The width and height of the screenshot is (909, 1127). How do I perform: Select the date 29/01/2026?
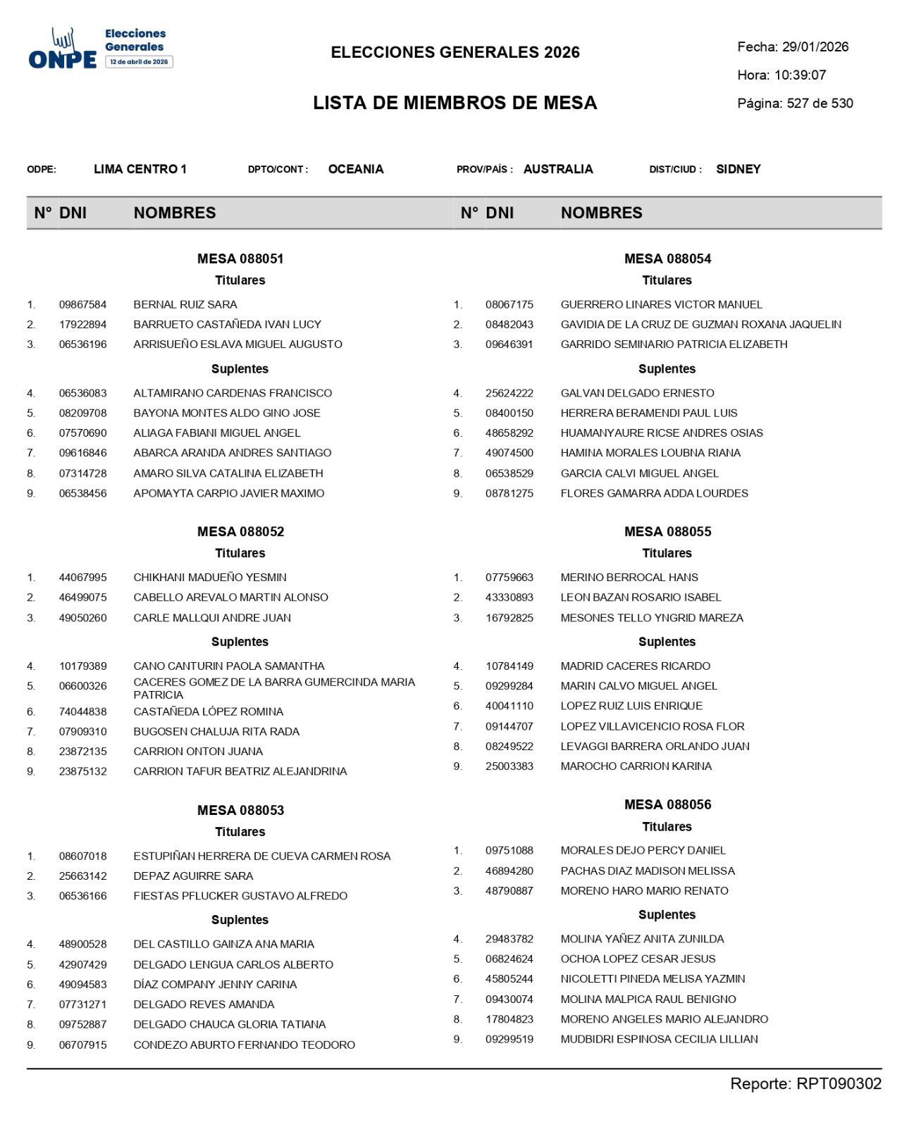pyautogui.click(x=815, y=47)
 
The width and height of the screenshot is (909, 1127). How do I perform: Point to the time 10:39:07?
pyautogui.click(x=800, y=75)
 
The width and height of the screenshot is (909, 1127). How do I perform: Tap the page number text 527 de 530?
pyautogui.click(x=820, y=104)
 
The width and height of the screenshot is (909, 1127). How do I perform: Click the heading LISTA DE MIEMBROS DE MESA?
pyautogui.click(x=455, y=103)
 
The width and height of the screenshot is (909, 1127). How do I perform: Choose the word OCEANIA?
pyautogui.click(x=356, y=169)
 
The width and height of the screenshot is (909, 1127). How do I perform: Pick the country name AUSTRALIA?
pyautogui.click(x=558, y=169)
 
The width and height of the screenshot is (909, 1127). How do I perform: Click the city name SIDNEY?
pyautogui.click(x=738, y=169)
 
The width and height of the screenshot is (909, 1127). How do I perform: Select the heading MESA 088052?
pyautogui.click(x=240, y=532)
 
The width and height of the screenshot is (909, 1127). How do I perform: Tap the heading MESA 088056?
pyautogui.click(x=667, y=804)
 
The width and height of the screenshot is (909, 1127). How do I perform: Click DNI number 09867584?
pyautogui.click(x=83, y=305)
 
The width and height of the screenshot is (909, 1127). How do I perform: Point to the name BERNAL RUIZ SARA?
pyautogui.click(x=185, y=305)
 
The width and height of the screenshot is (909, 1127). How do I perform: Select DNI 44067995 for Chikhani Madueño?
pyautogui.click(x=83, y=578)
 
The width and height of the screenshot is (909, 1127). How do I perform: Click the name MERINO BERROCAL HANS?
pyautogui.click(x=629, y=578)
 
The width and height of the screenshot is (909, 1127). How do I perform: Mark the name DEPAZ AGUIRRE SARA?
pyautogui.click(x=193, y=876)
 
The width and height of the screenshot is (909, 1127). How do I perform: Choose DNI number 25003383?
pyautogui.click(x=509, y=766)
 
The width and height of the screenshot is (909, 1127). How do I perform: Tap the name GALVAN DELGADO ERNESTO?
pyautogui.click(x=637, y=393)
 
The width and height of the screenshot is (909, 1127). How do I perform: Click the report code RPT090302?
pyautogui.click(x=839, y=1084)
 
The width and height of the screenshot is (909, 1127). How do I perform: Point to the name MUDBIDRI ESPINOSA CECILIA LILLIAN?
pyautogui.click(x=659, y=1039)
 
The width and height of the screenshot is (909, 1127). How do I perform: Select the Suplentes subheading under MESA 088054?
pyautogui.click(x=667, y=369)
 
